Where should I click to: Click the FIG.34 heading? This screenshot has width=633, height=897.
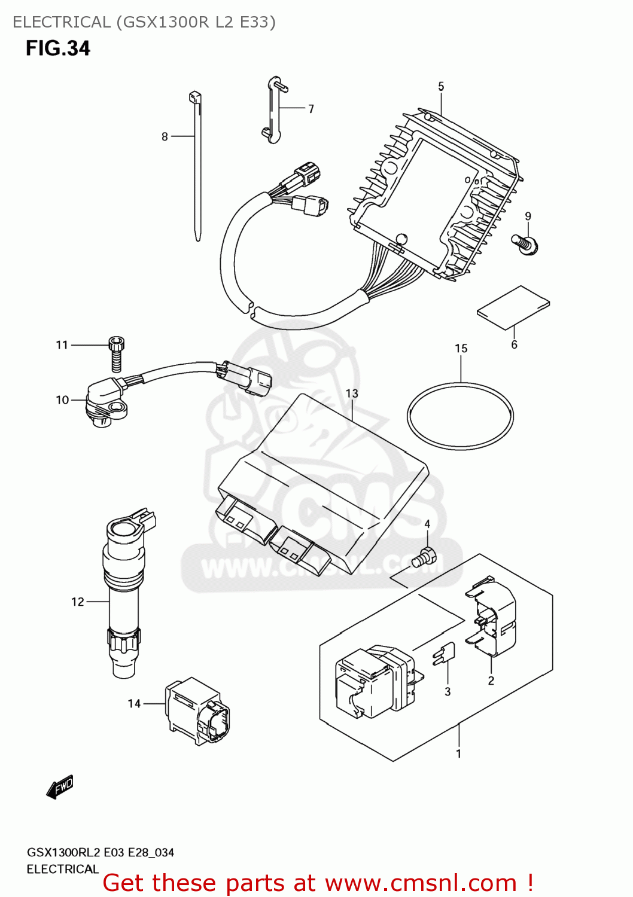(x=58, y=48)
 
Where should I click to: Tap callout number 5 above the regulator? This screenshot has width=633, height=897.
(x=441, y=87)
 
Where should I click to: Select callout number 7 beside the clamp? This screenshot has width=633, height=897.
(x=311, y=109)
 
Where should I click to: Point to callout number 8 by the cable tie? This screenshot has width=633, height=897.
(x=165, y=137)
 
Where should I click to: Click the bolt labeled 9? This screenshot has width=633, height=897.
(x=525, y=244)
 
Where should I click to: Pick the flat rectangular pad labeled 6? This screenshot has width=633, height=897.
(x=513, y=307)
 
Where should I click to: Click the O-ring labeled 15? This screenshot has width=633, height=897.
(x=460, y=416)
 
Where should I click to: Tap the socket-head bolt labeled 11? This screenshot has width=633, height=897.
(x=117, y=353)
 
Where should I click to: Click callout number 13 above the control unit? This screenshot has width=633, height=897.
(x=352, y=393)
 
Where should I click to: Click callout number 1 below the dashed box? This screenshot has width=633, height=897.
(x=459, y=754)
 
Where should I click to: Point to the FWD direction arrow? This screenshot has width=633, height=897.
(x=60, y=787)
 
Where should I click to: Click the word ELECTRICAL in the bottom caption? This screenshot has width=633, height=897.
(x=62, y=869)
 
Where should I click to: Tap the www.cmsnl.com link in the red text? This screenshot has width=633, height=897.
(x=421, y=883)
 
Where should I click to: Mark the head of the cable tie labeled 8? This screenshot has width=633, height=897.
(x=195, y=97)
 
